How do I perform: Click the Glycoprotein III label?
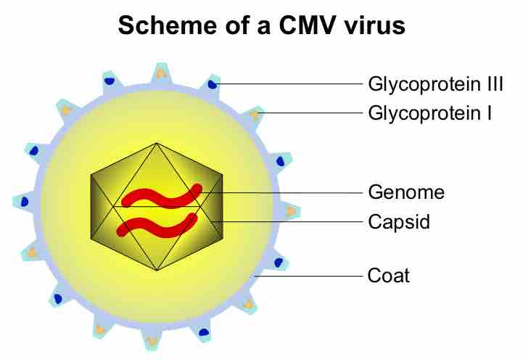click(435, 84)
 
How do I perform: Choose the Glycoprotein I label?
click(430, 113)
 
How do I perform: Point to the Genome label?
click(405, 192)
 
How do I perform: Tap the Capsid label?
click(399, 221)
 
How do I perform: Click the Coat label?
click(389, 276)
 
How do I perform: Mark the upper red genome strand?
click(162, 195)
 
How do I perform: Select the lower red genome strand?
click(157, 226)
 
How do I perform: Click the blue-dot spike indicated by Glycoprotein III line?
click(212, 84)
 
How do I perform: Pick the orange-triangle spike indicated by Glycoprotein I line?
click(255, 114)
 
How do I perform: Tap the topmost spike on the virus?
click(160, 73)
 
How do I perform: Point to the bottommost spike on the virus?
click(152, 340)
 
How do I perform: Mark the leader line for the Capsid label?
click(290, 221)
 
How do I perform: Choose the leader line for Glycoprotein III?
click(290, 84)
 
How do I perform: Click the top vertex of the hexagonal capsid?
click(157, 143)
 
